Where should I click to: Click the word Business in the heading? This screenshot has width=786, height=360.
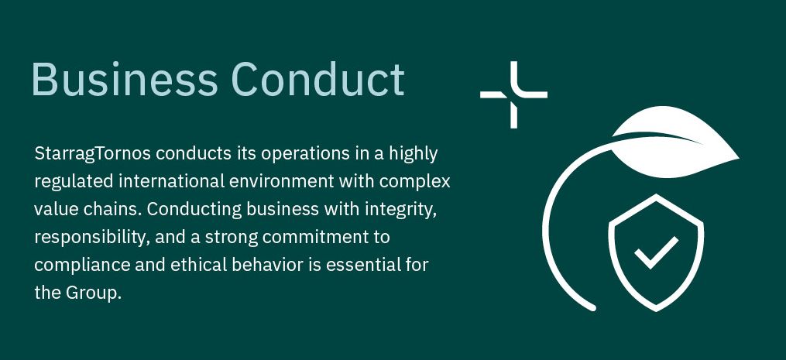125,79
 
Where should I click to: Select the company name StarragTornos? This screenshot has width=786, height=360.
93,155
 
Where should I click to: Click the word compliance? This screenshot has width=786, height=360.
82,266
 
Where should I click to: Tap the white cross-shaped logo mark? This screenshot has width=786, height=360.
514,94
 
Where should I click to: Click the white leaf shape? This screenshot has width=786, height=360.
677,143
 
